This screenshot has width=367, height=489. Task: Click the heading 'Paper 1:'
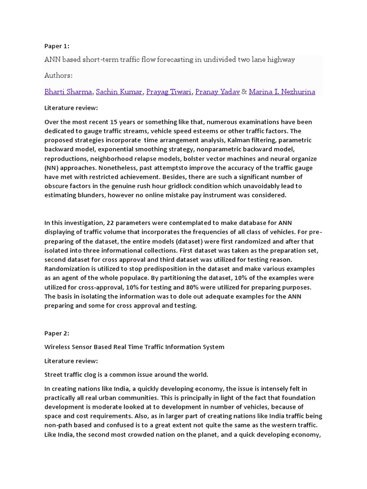[57, 46]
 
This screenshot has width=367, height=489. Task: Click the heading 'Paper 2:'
[57, 334]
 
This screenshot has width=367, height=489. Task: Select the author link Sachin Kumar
[119, 92]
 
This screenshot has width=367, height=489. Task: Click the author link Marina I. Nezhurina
[282, 92]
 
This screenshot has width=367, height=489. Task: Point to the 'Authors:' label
[58, 75]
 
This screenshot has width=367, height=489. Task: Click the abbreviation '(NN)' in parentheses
[50, 168]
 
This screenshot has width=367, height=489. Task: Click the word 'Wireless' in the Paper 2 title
[56, 347]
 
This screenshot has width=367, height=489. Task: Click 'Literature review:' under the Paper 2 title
[71, 361]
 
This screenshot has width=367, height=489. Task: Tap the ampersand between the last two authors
[244, 92]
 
